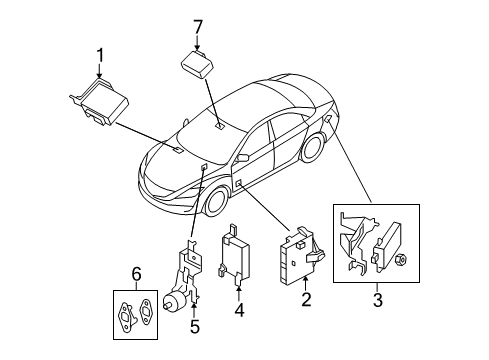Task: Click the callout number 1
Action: tap(100, 55)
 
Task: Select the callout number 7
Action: tap(198, 27)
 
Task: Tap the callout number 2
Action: tap(306, 299)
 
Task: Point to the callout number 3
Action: tap(377, 300)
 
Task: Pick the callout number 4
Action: tap(239, 310)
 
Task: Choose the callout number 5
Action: tap(194, 326)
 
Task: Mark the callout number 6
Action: tap(136, 275)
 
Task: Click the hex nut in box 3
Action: tap(400, 259)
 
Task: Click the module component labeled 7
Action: tap(197, 64)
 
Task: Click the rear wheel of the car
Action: tap(313, 148)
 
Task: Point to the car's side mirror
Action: tap(243, 158)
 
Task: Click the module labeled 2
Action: tap(300, 255)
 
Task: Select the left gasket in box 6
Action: tap(126, 317)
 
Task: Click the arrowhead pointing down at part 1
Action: tap(99, 76)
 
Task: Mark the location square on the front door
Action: tap(239, 182)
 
